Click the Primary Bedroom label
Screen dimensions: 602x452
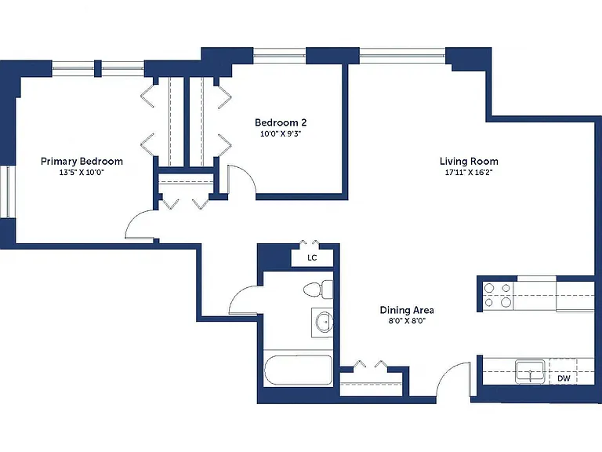pos(82,162)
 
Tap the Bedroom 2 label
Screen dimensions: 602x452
pos(281,122)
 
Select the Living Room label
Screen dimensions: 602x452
pos(469,162)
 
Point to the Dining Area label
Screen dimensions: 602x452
pos(407,310)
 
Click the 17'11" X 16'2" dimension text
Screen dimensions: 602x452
pos(469,172)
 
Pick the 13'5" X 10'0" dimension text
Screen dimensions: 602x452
pos(82,172)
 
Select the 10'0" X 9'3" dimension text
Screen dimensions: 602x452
pos(281,133)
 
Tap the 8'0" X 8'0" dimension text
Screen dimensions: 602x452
pos(407,321)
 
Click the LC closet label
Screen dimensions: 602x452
pos(312,257)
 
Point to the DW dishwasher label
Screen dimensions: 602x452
pos(564,378)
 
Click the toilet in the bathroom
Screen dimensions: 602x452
pos(318,290)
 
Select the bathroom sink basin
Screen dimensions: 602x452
pos(325,322)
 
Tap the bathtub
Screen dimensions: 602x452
pos(299,370)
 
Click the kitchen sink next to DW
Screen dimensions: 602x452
pos(530,371)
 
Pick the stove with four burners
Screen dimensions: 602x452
pos(498,295)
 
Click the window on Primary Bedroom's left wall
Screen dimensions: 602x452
pos(7,192)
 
